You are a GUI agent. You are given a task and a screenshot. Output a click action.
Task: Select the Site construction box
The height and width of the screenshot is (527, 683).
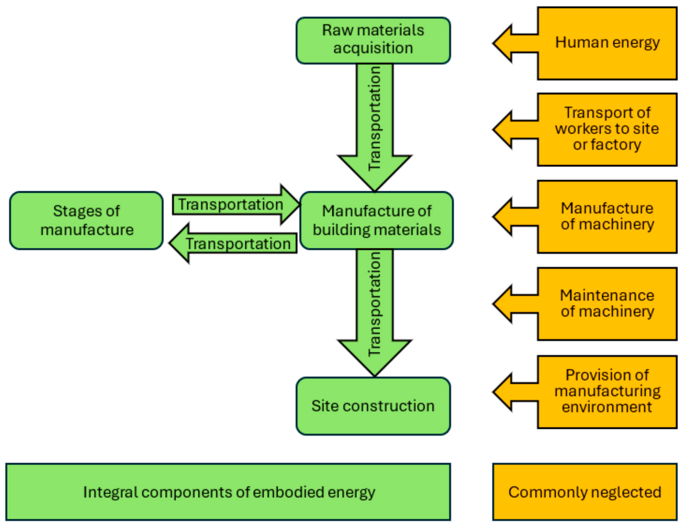[373, 406]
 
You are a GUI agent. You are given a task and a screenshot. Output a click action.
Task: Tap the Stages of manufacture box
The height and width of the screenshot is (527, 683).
[86, 220]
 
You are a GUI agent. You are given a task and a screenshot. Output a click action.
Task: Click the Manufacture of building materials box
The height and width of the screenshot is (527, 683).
[376, 220]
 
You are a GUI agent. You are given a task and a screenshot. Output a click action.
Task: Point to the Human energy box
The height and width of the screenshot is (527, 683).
[607, 43]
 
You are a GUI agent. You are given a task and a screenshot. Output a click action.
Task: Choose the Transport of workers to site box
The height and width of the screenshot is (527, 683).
[607, 129]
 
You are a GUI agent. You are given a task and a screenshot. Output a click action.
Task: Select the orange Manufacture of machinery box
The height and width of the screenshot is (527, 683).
[607, 216]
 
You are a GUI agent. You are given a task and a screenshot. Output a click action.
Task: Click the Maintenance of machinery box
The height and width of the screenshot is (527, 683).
[607, 304]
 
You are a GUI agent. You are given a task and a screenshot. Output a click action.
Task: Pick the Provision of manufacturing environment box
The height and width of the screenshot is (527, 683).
[607, 391]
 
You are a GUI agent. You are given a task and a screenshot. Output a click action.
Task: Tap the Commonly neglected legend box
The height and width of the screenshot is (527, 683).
[585, 492]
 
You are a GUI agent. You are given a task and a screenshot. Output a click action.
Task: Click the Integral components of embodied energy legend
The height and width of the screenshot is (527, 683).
[228, 492]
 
